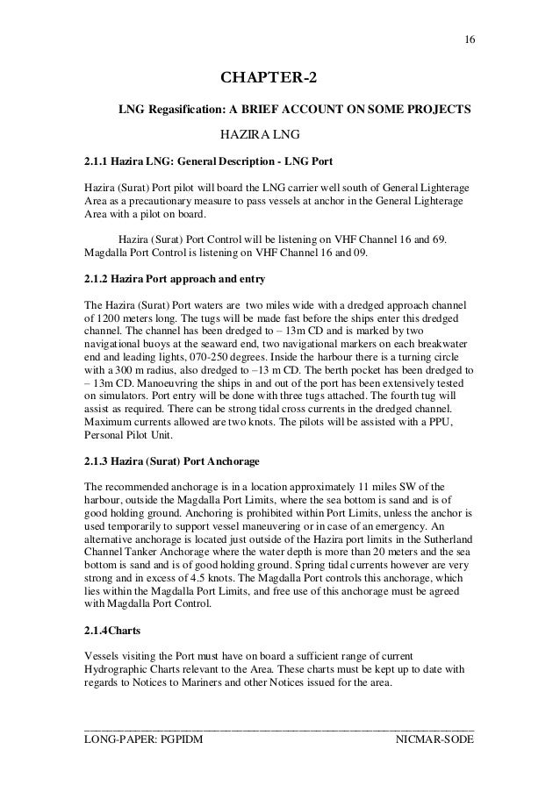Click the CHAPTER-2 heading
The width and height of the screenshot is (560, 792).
point(268,82)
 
